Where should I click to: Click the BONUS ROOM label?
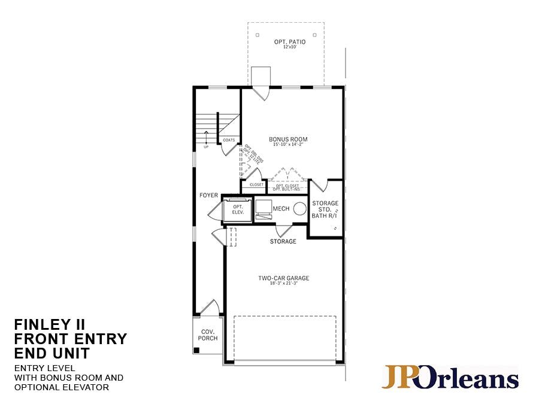(288, 139)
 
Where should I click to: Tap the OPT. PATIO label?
(290, 41)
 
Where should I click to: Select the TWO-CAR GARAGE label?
(284, 278)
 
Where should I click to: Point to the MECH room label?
(281, 208)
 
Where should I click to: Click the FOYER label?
(208, 196)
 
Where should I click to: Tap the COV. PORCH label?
(208, 335)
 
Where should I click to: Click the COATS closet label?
(229, 140)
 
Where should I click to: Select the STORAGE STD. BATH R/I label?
(325, 209)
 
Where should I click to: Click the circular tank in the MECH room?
(300, 208)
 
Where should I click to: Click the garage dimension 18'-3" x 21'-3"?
(284, 284)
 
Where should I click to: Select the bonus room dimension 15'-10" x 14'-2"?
(288, 145)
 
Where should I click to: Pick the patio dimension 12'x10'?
(290, 47)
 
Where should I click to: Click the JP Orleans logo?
(450, 378)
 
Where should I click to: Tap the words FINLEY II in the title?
(50, 325)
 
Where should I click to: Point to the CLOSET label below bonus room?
(256, 185)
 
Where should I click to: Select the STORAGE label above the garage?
(283, 242)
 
